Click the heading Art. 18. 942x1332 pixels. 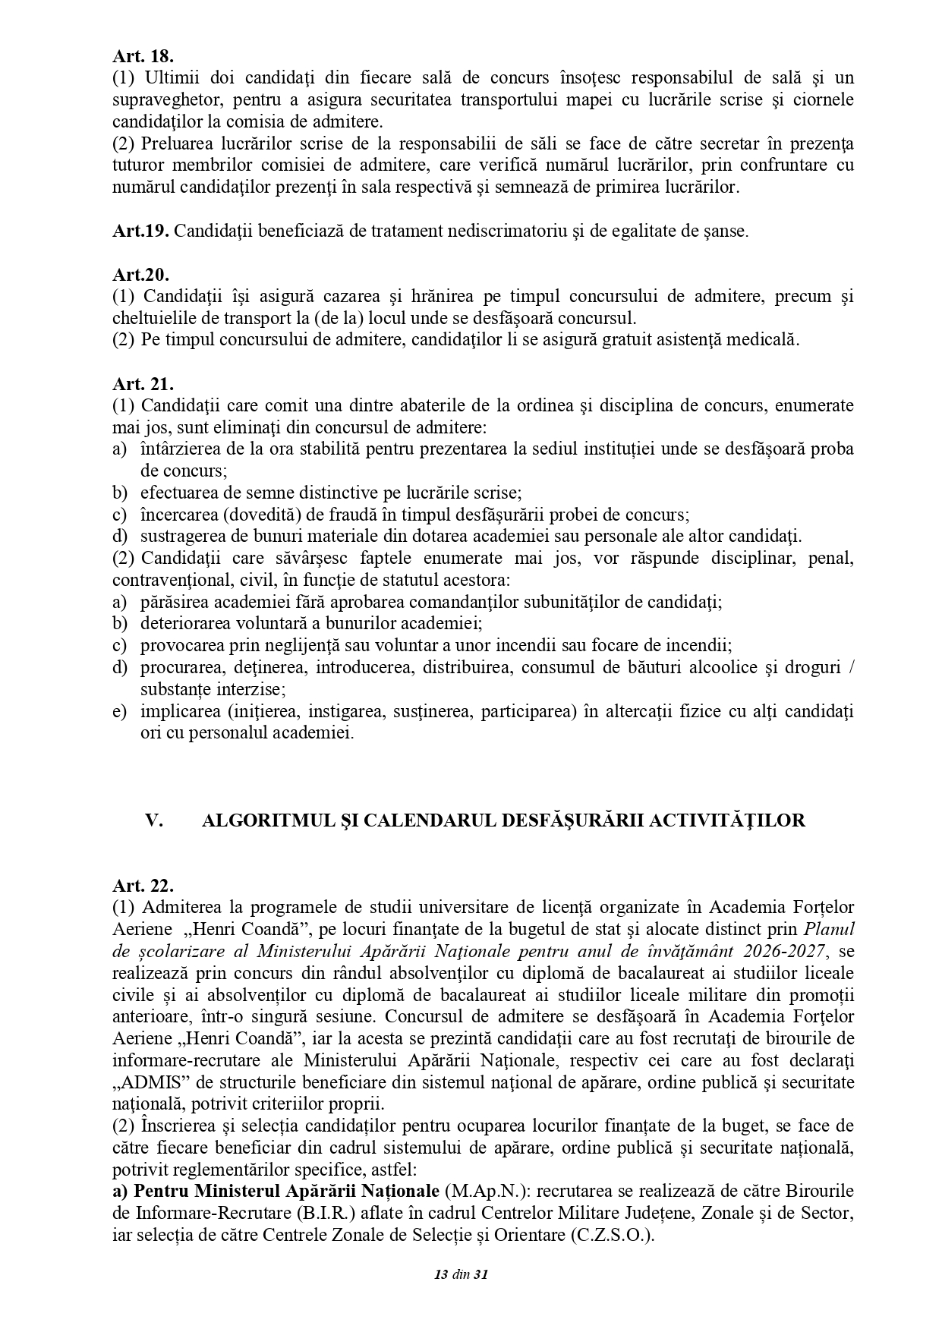[143, 56]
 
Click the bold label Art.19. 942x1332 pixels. [140, 231]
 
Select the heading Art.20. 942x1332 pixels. [140, 274]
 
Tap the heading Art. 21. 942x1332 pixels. [143, 384]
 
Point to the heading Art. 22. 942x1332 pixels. [143, 885]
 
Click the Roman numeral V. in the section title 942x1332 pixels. [154, 820]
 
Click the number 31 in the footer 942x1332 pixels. [480, 1274]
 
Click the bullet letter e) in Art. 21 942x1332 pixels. [119, 712]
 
